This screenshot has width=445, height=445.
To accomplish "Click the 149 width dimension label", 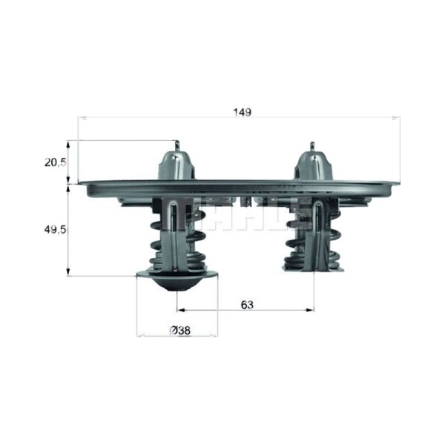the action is pos(242,112).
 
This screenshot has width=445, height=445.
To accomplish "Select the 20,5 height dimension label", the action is pos(55,162).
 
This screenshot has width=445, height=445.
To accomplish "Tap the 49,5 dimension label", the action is pos(55,229).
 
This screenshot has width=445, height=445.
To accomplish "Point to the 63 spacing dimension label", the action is pos(247,305).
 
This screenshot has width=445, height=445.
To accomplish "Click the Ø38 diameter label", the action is pos(180,330).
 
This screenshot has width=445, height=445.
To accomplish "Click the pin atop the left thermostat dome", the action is pos(177,146).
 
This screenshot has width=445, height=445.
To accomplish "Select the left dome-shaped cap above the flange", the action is pos(177,165).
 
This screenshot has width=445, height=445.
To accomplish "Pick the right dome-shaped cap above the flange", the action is pos(313,165).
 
